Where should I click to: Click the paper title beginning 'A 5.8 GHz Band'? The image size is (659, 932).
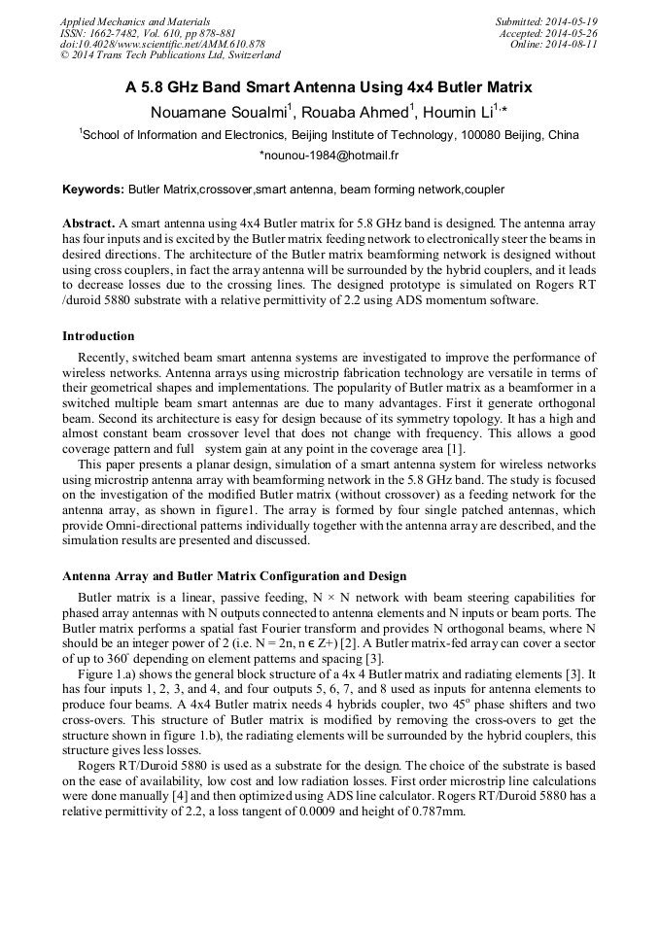click(329, 87)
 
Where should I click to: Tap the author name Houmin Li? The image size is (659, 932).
click(465, 112)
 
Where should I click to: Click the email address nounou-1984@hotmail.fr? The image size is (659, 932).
click(329, 155)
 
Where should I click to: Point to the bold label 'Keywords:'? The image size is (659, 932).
click(93, 189)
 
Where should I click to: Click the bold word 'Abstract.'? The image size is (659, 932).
click(89, 223)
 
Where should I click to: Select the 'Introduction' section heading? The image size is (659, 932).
click(98, 336)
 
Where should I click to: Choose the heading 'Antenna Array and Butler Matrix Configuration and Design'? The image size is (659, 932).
click(234, 576)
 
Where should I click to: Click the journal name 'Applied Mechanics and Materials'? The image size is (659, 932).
click(134, 21)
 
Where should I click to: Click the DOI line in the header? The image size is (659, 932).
click(161, 45)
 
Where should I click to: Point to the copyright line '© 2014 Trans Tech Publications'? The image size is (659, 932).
click(170, 55)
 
